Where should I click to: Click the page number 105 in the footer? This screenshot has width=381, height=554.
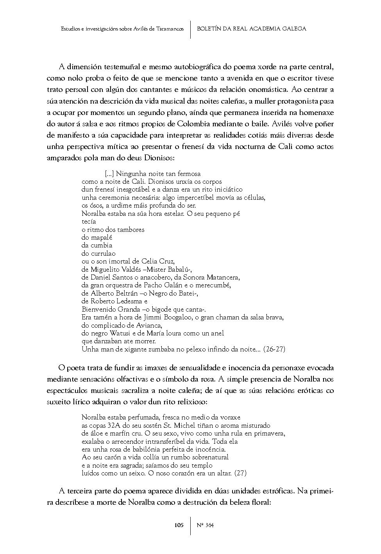[x=179, y=525]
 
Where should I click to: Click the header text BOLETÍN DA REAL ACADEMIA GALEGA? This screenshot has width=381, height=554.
[x=252, y=29]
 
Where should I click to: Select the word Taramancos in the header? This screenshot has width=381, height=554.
[x=170, y=29]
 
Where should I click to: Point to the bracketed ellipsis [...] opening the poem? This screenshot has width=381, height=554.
[x=109, y=174]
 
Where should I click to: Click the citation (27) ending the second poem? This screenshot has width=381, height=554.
[x=240, y=473]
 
